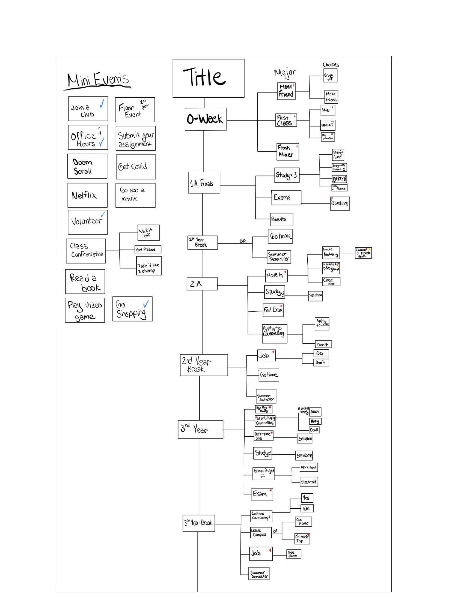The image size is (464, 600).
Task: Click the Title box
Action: pyautogui.click(x=208, y=78)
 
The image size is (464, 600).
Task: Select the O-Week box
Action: pyautogui.click(x=206, y=119)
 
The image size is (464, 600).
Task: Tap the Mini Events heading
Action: pyautogui.click(x=98, y=80)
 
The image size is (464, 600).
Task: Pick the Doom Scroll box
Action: pyautogui.click(x=87, y=166)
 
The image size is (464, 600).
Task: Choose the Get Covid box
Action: pyautogui.click(x=136, y=167)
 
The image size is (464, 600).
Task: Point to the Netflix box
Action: pyautogui.click(x=87, y=195)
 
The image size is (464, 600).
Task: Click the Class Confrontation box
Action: pyautogui.click(x=86, y=251)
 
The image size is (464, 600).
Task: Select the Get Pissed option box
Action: pyautogui.click(x=148, y=249)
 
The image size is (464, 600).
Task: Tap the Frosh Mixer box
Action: pyautogui.click(x=287, y=151)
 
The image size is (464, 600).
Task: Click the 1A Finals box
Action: pyautogui.click(x=204, y=183)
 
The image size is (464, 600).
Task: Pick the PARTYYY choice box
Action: pyautogui.click(x=340, y=179)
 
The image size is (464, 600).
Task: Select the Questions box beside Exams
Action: pyautogui.click(x=340, y=203)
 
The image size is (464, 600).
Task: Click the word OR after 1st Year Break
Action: pyautogui.click(x=243, y=241)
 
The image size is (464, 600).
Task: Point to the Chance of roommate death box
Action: pyautogui.click(x=363, y=253)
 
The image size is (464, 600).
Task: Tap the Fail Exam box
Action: pyautogui.click(x=273, y=310)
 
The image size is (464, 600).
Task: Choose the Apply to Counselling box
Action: pyautogui.click(x=274, y=334)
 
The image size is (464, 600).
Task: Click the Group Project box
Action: pyautogui.click(x=264, y=473)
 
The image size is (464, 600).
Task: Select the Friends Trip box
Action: pyautogui.click(x=302, y=538)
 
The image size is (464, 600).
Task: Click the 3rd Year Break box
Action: pyautogui.click(x=199, y=523)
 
